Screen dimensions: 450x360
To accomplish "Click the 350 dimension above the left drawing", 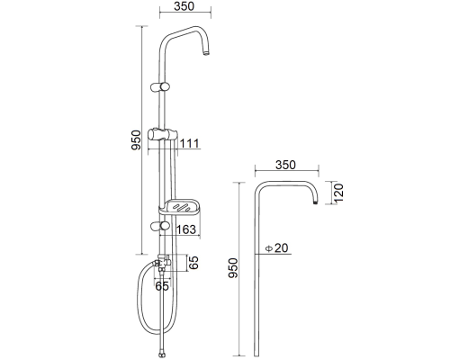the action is pos(184,6).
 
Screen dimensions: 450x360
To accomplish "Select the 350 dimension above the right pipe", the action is pos(285,165).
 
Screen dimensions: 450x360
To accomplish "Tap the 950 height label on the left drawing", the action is pos(136,140).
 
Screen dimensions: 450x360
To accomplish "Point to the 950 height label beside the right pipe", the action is pos(233,268).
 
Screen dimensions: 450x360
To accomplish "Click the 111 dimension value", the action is pos(190,144).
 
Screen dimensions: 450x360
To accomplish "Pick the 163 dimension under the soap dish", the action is pos(186,229).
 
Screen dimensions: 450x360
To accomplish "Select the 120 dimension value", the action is pos(338,193).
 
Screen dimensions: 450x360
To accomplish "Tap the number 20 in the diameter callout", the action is pos(282,248).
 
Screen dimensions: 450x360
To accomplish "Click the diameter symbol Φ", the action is pos(269,248).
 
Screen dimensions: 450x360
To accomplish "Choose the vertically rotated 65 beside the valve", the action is pos(193,263).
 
